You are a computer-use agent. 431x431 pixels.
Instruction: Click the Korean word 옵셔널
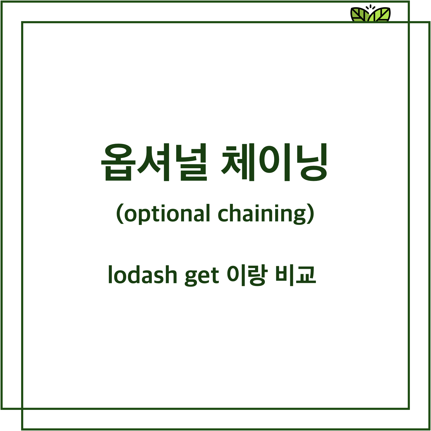pos(154,162)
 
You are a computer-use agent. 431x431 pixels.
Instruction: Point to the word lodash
pos(143,275)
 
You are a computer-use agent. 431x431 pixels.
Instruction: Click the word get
pos(202,276)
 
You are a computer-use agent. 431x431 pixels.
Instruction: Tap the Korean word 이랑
pos(247,275)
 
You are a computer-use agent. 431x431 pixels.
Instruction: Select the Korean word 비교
pos(296,275)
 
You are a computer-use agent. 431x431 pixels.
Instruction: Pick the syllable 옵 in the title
pos(117,162)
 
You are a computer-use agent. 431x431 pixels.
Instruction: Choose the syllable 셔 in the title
pos(153,162)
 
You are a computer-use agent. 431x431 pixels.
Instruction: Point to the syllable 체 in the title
pos(238,162)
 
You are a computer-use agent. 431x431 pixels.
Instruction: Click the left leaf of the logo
pos(360,15)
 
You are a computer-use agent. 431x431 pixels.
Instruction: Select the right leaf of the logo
pos(380,15)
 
